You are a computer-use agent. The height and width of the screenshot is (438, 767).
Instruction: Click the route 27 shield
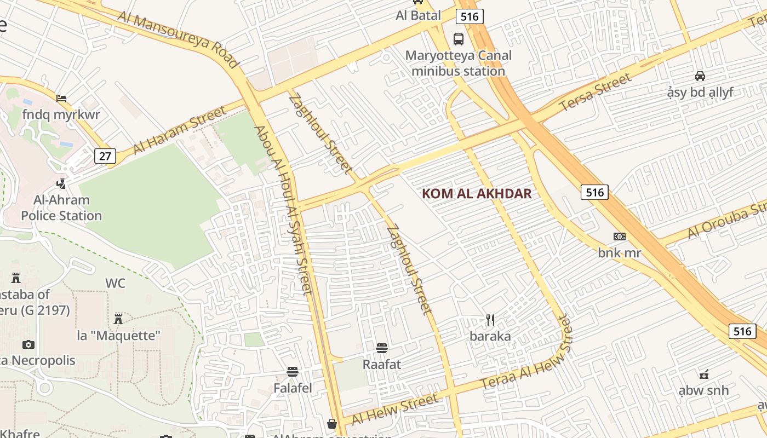(105, 156)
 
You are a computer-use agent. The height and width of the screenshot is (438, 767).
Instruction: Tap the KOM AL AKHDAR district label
(477, 194)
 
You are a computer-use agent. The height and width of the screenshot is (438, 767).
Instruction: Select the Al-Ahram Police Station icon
(61, 183)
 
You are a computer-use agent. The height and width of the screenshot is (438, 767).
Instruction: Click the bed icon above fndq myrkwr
(61, 99)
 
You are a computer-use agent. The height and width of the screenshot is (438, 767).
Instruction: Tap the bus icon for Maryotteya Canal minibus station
(458, 39)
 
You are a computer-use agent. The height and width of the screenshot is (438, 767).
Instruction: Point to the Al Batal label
(418, 15)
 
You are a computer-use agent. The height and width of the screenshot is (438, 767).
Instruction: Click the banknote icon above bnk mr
(619, 237)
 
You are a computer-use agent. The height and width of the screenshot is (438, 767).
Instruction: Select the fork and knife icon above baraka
(490, 320)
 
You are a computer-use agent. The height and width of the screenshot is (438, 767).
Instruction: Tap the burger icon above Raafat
(382, 348)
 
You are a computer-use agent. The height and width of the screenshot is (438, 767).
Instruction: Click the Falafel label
(293, 388)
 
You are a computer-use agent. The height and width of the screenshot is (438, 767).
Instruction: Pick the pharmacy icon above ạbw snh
(704, 374)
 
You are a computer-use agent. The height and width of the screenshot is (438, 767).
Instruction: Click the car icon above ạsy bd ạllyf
(700, 76)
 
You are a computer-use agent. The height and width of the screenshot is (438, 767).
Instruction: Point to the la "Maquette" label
(118, 335)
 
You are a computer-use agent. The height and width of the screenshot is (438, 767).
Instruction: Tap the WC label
(115, 284)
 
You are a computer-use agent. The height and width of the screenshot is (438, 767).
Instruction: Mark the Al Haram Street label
(180, 130)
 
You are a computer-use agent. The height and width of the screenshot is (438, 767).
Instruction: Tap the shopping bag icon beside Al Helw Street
(332, 424)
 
